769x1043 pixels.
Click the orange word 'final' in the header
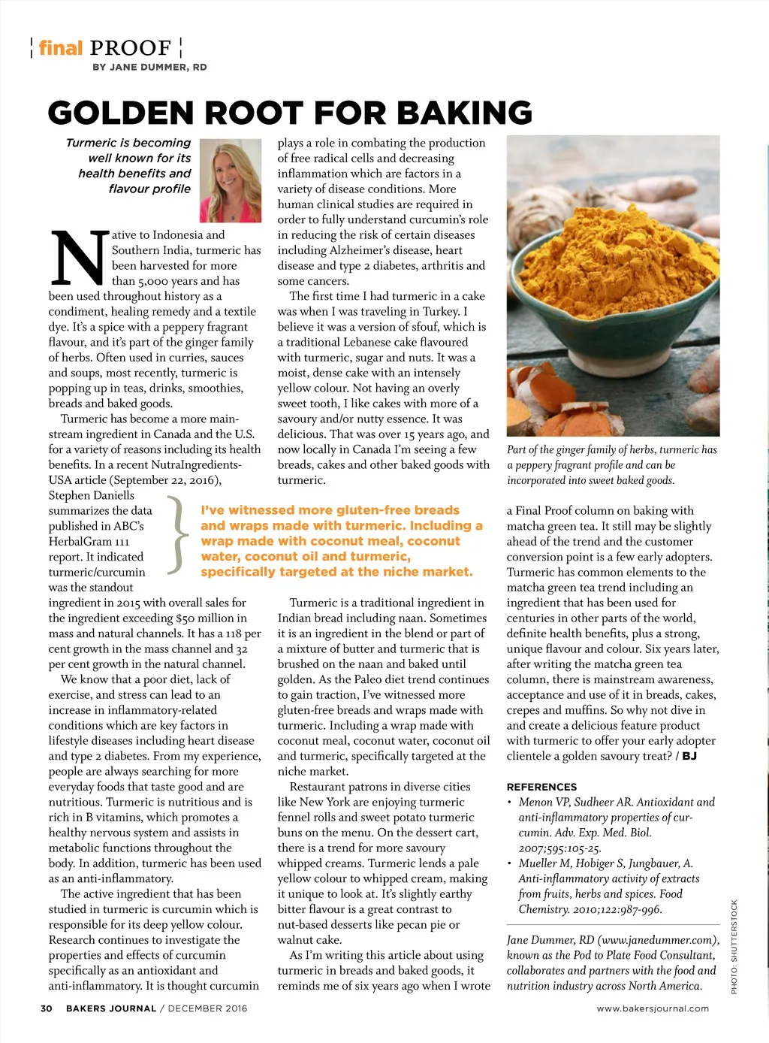61,48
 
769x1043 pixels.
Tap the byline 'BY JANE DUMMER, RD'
149,67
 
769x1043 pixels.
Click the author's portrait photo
231,180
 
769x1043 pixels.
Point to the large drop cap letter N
77,258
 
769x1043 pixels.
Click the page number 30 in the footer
47,1008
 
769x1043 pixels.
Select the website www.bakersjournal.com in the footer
653,1008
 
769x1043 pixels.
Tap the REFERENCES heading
541,787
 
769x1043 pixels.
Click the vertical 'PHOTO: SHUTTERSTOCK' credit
734,946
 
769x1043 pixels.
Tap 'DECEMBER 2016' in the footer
207,1008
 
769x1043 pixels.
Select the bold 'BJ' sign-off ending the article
689,756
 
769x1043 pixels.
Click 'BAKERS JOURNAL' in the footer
111,1008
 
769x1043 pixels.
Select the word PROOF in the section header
131,48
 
